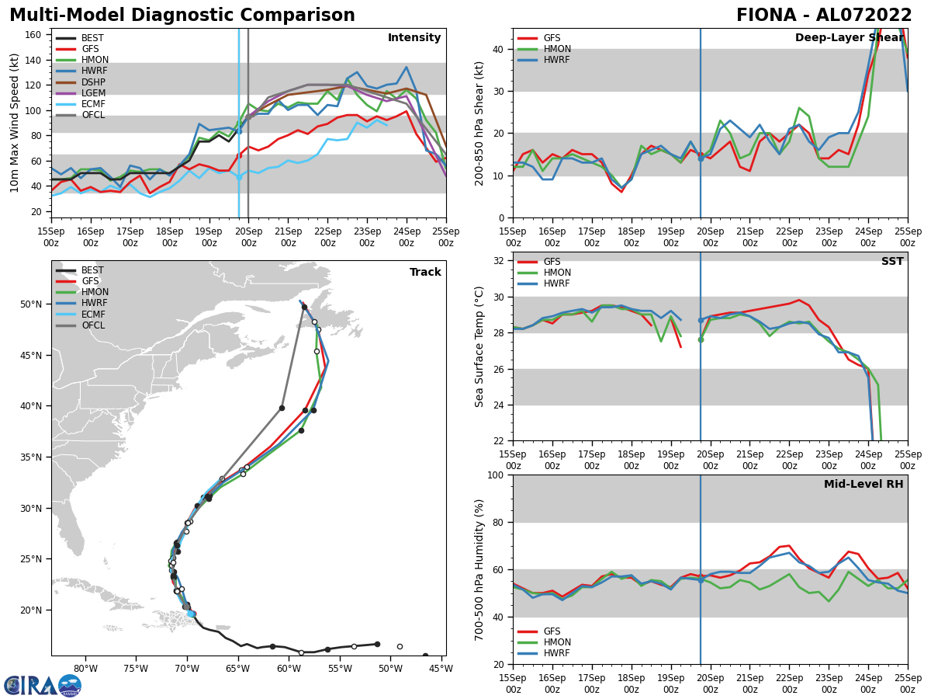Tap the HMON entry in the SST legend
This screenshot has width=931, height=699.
point(557,273)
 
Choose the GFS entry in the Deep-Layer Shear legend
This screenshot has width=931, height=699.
point(552,38)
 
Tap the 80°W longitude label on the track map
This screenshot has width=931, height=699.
point(85,669)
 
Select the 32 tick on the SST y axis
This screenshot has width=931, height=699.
point(500,261)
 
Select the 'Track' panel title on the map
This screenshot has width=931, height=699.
point(425,273)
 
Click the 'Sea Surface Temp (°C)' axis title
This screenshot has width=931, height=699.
point(479,346)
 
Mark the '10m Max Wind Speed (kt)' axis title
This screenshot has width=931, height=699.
point(16,123)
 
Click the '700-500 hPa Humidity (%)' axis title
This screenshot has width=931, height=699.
point(479,570)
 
